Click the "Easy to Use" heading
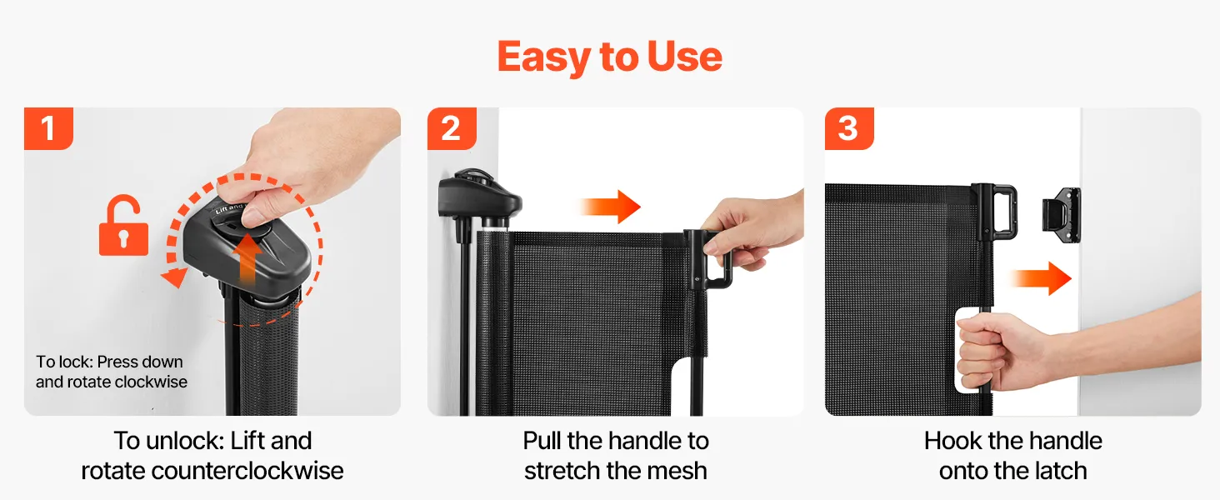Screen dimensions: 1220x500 pyautogui.click(x=609, y=57)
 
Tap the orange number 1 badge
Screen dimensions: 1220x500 pyautogui.click(x=48, y=128)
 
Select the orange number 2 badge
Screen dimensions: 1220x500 pyautogui.click(x=452, y=128)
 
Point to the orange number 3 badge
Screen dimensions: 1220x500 pyautogui.click(x=849, y=128)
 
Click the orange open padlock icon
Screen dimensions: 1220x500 pyautogui.click(x=123, y=226)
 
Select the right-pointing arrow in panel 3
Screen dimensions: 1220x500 pyautogui.click(x=1040, y=278)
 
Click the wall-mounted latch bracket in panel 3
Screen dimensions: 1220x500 pyautogui.click(x=1062, y=215)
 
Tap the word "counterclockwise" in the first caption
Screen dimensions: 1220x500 pyautogui.click(x=247, y=471)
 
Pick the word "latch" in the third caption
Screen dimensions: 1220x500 pyautogui.click(x=1055, y=471)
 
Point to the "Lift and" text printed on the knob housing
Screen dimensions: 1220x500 pyautogui.click(x=228, y=208)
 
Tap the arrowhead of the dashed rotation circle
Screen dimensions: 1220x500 pyautogui.click(x=174, y=277)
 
